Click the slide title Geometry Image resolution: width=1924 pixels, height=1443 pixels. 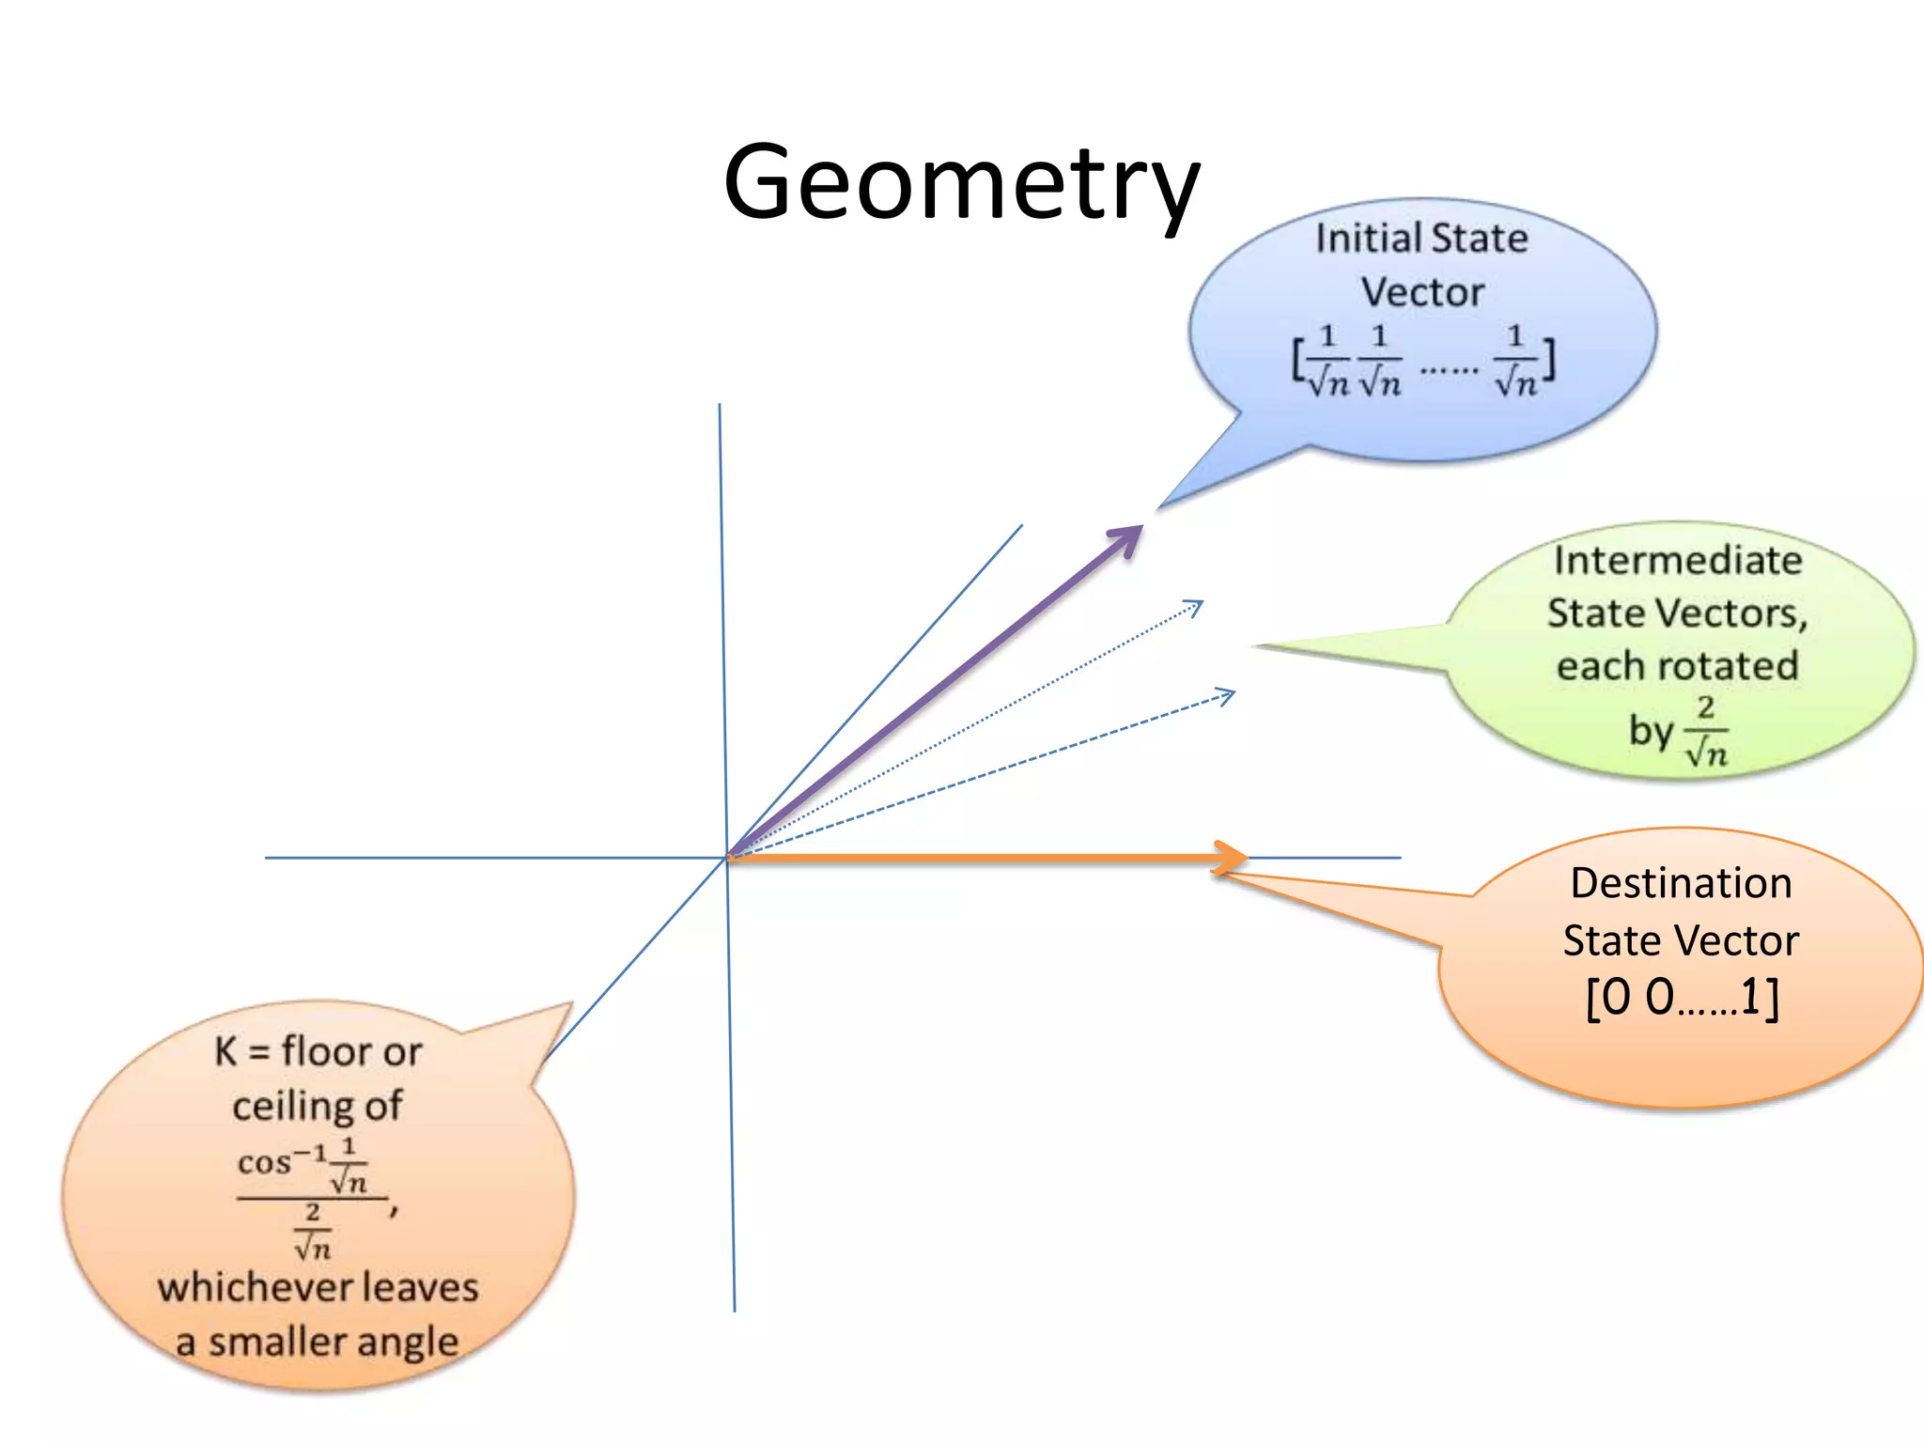point(961,183)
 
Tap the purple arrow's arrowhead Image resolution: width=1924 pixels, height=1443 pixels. point(1127,538)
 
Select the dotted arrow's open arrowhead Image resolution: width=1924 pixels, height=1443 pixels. point(1195,607)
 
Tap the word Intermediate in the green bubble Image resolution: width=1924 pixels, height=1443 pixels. point(1678,561)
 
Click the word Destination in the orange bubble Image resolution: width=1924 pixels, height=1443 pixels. point(1681,884)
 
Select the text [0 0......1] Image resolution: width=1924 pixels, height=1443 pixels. point(1682,998)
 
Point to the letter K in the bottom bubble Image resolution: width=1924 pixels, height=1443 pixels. point(225,1051)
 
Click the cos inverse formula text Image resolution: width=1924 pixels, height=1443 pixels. point(282,1163)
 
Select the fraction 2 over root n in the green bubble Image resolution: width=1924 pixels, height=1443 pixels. point(1706,732)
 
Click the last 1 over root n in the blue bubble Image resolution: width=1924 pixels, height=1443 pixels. point(1515,362)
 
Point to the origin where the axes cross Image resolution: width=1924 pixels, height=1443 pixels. point(727,857)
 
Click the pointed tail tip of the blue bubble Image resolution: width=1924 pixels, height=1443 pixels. point(1159,507)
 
